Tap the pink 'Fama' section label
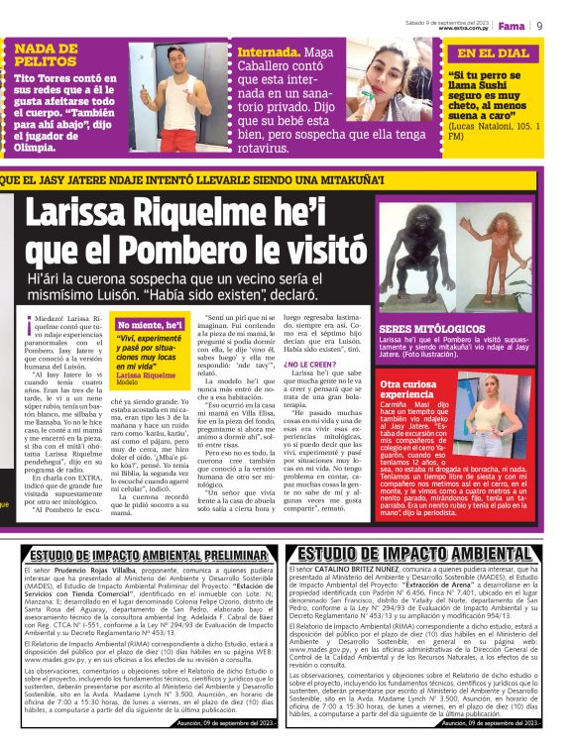512,26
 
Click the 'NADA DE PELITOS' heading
47,53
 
